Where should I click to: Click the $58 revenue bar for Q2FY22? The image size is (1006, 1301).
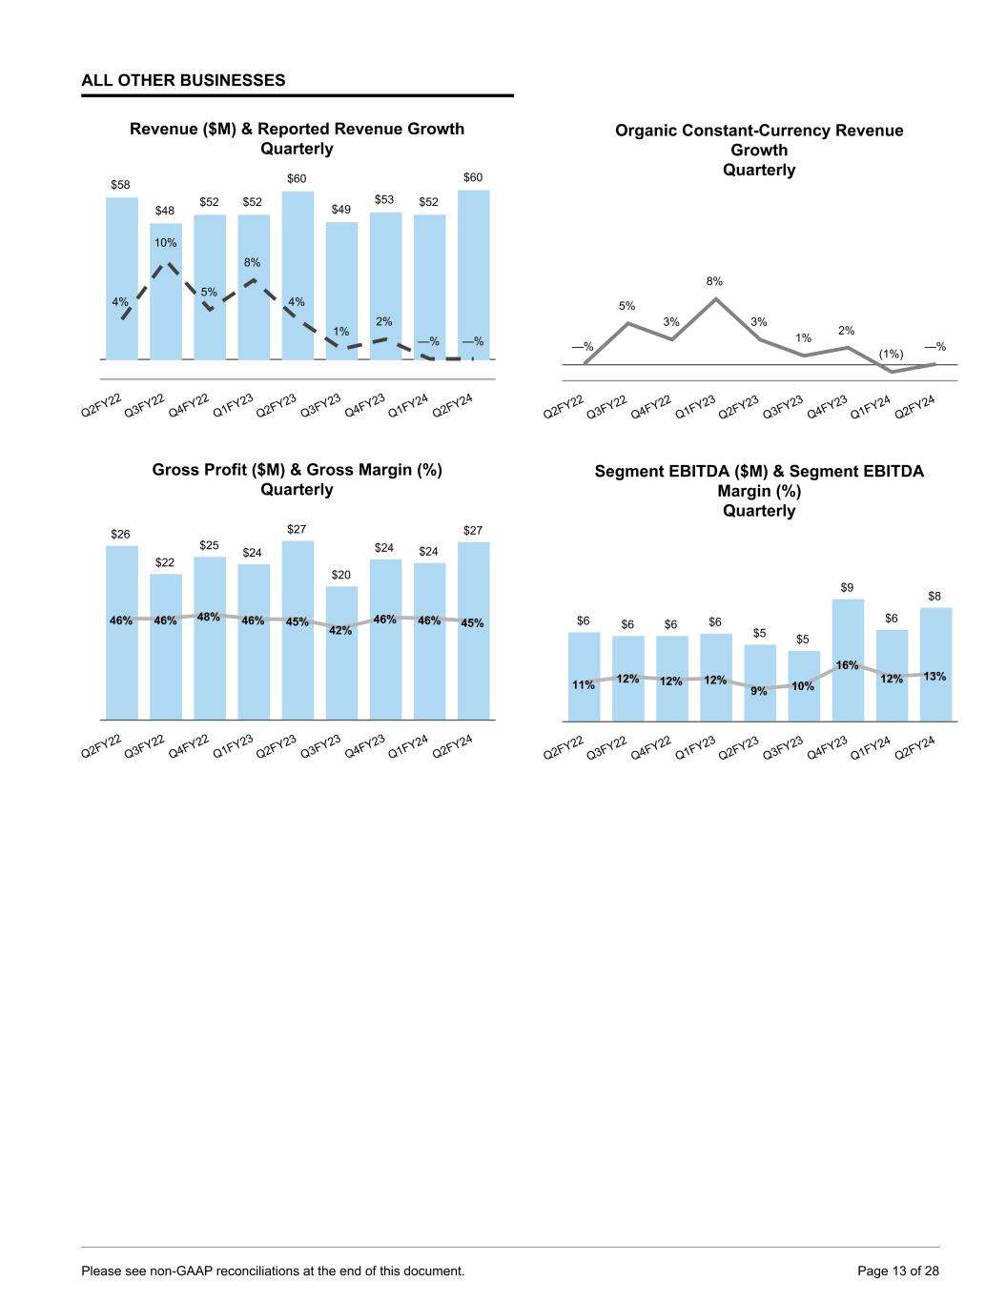(x=121, y=276)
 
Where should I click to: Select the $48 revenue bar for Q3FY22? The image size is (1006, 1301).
(x=165, y=291)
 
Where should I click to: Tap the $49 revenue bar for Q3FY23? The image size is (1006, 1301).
(x=341, y=291)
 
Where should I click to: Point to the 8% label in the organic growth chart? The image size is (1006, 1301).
(x=714, y=281)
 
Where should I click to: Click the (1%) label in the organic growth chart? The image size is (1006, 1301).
(x=891, y=355)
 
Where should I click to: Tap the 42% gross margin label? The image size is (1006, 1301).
(x=340, y=630)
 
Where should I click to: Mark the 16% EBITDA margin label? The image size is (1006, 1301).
(x=847, y=664)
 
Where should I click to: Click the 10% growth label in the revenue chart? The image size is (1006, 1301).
(x=166, y=243)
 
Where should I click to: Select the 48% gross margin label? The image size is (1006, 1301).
(x=209, y=617)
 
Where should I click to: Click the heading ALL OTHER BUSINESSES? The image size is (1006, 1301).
(x=183, y=81)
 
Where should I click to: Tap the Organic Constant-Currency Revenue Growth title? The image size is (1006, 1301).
(x=759, y=150)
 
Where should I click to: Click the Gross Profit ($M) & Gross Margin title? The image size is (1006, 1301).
(x=297, y=479)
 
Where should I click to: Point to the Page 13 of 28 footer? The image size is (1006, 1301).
(x=898, y=1271)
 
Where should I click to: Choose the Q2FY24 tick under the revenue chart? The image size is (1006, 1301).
(x=454, y=403)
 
